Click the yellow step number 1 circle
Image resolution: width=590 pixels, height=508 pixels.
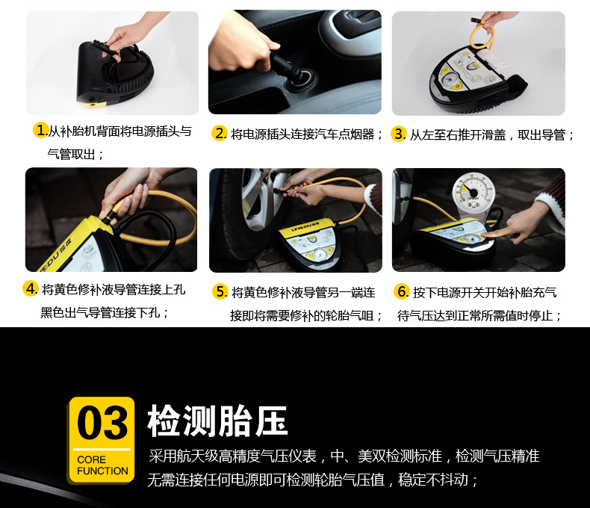(x=40, y=130)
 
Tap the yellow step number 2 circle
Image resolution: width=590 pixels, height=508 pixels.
(x=219, y=133)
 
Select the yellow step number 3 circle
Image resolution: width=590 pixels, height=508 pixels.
(x=398, y=134)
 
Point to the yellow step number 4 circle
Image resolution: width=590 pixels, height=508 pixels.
(x=30, y=288)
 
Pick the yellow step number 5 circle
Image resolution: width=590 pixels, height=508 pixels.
(x=220, y=291)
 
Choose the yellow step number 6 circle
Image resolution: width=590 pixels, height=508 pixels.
(x=401, y=291)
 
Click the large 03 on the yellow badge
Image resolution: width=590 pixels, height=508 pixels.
(x=102, y=423)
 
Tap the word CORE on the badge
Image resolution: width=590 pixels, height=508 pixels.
(x=91, y=459)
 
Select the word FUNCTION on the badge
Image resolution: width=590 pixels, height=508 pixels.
(x=102, y=471)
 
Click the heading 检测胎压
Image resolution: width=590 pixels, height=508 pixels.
(x=217, y=421)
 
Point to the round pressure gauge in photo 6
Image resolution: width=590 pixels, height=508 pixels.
(x=473, y=194)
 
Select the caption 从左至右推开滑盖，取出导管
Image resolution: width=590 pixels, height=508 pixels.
(x=487, y=134)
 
